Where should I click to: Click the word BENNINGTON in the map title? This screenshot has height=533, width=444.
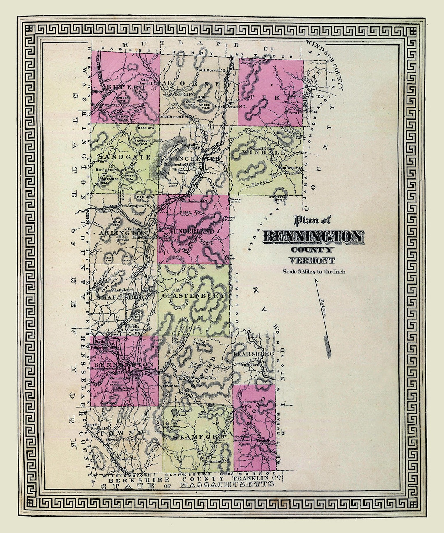click(x=313, y=236)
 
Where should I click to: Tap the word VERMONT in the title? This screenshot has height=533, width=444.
click(x=312, y=260)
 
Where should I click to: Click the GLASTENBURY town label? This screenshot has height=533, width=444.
click(x=194, y=296)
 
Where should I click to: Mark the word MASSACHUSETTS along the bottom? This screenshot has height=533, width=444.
click(x=227, y=485)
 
